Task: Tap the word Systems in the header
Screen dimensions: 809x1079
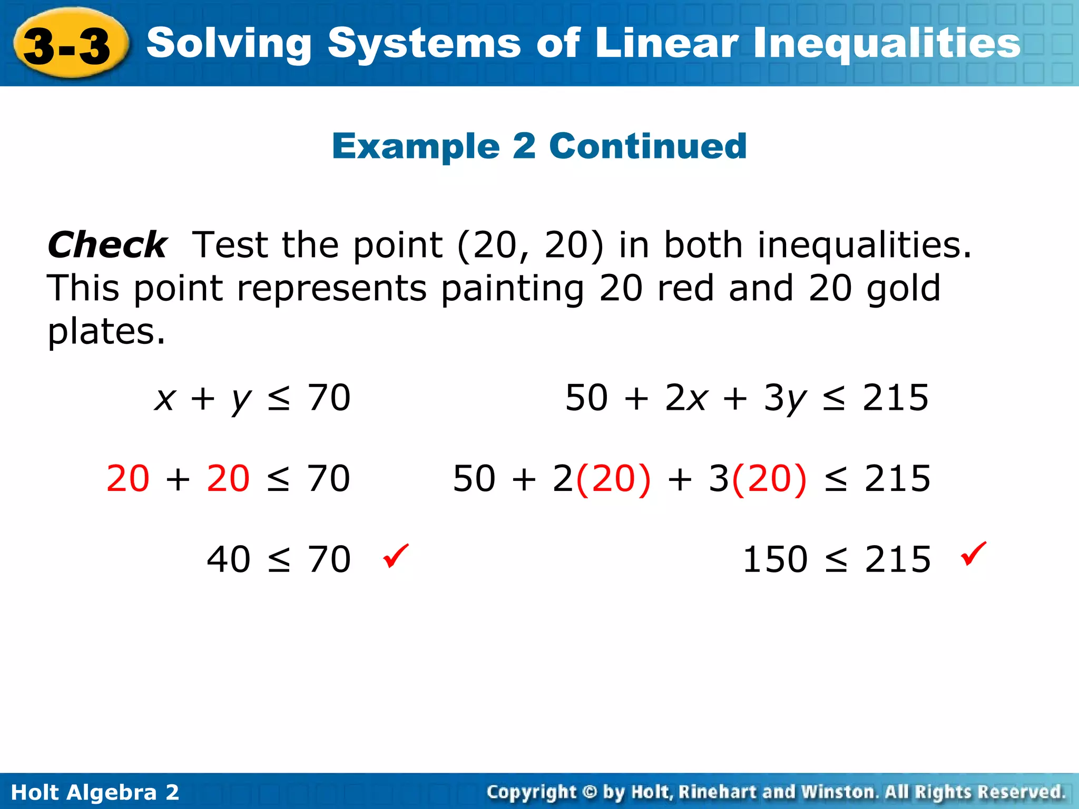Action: point(424,44)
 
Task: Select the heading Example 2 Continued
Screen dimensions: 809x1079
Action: point(539,146)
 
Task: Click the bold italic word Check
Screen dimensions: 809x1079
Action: point(107,245)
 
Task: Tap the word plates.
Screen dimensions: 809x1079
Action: point(106,332)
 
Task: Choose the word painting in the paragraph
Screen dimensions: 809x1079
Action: point(513,289)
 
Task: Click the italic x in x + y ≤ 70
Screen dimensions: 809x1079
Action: point(164,398)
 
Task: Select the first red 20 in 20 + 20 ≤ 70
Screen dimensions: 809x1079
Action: point(127,479)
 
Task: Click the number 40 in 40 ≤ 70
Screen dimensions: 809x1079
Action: point(228,559)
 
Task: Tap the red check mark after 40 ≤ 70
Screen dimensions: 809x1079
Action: point(396,556)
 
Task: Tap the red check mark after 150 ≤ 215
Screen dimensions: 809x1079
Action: point(974,554)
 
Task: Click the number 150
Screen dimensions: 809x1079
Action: point(774,559)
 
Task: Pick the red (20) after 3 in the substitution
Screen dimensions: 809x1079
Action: point(769,479)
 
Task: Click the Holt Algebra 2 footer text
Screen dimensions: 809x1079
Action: point(95,792)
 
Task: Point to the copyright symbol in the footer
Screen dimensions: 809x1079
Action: point(590,792)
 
